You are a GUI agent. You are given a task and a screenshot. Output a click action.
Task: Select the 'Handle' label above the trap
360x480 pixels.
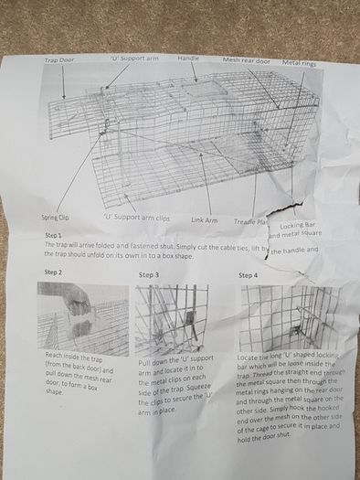pos(188,59)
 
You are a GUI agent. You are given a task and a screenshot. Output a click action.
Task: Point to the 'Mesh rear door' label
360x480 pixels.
pos(246,59)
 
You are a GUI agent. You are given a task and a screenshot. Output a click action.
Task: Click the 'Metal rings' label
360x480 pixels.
pos(300,62)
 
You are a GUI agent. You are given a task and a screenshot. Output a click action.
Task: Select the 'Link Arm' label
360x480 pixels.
pos(204,219)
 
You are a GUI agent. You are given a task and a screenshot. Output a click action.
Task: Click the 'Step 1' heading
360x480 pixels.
pos(53,235)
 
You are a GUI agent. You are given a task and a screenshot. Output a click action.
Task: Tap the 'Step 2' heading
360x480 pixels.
pos(53,272)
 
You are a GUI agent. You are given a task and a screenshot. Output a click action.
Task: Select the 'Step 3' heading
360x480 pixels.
pos(149,274)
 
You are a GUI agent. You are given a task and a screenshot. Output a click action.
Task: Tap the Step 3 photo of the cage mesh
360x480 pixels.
pos(171,320)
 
